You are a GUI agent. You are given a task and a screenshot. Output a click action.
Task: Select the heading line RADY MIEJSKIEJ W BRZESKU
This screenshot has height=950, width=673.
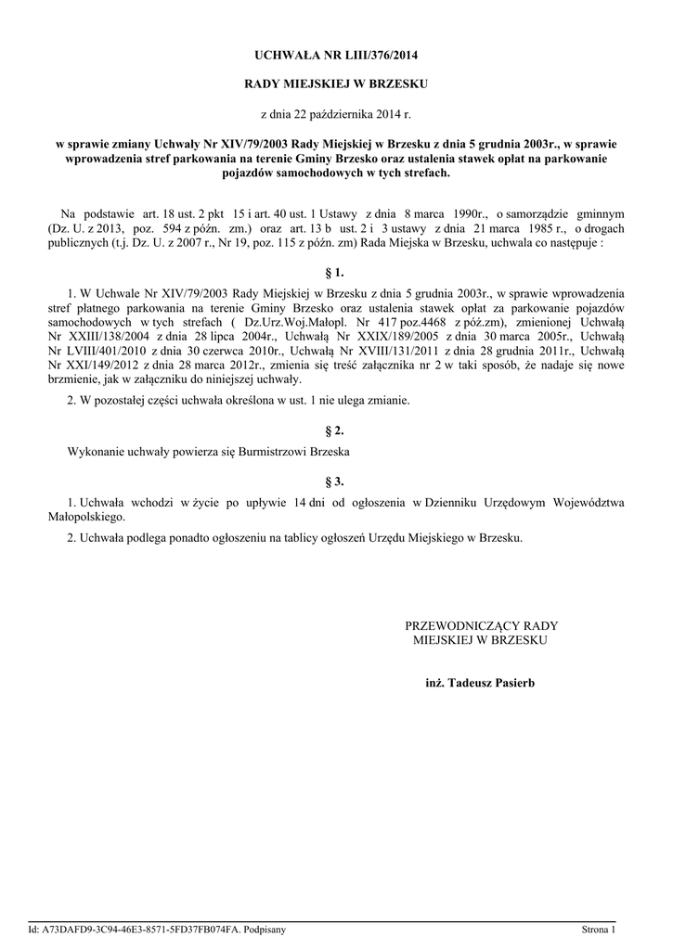335,84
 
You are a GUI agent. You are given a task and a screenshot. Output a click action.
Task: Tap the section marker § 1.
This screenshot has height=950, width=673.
335,272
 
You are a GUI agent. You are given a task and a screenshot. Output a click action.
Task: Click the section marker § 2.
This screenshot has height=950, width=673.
335,431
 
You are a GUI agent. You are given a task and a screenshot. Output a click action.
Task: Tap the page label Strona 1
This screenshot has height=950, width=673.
599,929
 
